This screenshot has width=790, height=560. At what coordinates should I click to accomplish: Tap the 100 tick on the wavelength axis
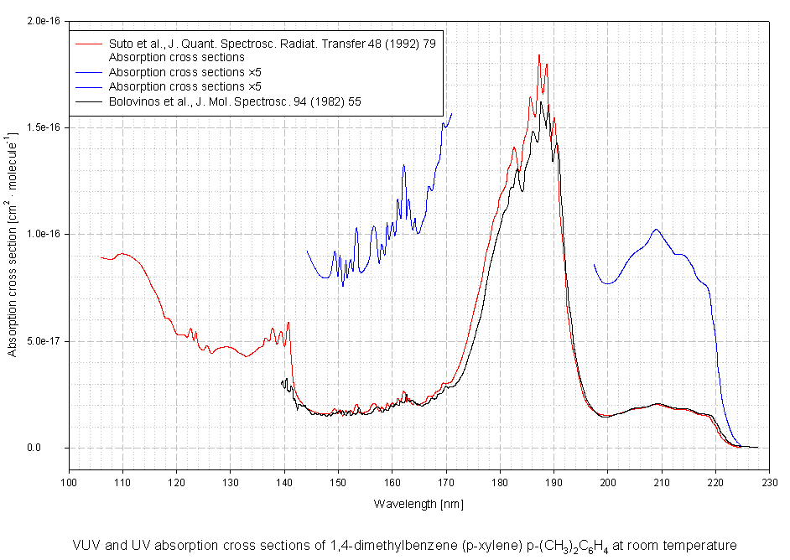pyautogui.click(x=69, y=483)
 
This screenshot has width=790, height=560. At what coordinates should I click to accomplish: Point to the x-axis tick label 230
pyautogui.click(x=769, y=483)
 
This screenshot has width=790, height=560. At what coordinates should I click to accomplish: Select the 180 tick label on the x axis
pyautogui.click(x=500, y=483)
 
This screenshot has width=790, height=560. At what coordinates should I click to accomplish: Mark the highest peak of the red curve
pyautogui.click(x=539, y=55)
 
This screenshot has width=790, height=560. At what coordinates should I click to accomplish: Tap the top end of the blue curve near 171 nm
pyautogui.click(x=451, y=114)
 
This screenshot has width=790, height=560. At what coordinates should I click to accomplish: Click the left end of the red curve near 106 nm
pyautogui.click(x=101, y=257)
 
